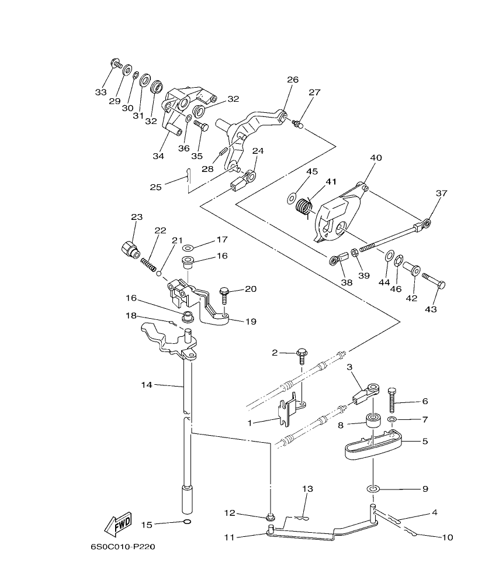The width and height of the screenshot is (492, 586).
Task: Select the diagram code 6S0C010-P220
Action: tap(123, 547)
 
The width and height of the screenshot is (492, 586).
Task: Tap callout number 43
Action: tap(434, 308)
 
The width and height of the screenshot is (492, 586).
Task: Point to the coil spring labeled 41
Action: tap(304, 207)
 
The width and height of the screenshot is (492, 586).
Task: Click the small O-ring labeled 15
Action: tap(186, 522)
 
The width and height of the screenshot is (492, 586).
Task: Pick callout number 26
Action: tap(292, 80)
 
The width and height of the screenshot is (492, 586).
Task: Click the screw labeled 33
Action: tap(116, 64)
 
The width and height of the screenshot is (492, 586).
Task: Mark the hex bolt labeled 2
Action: tap(302, 354)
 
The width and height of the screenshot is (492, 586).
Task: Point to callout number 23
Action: tap(136, 217)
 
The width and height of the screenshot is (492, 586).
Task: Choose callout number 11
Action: tap(228, 536)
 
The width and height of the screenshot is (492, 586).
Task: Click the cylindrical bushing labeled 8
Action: tap(372, 422)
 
